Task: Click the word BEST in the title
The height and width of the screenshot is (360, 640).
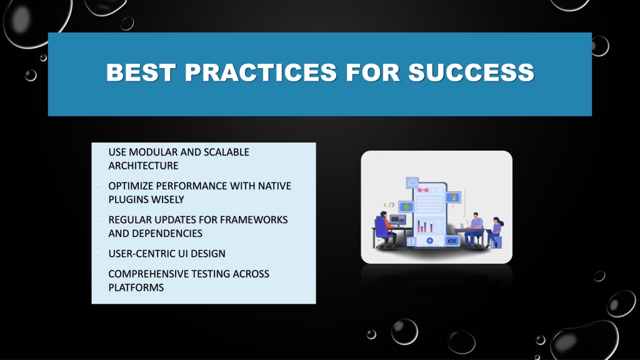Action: tap(141, 72)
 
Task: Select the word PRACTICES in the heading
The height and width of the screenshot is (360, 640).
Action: tap(261, 72)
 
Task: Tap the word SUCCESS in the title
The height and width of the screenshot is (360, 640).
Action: tap(471, 72)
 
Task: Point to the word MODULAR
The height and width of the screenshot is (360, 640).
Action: tap(153, 152)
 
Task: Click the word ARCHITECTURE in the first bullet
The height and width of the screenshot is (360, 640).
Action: tap(143, 166)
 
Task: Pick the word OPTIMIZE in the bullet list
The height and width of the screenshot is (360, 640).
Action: tap(131, 186)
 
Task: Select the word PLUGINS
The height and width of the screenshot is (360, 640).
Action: tap(126, 199)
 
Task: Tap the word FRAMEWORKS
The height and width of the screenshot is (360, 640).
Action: tap(254, 219)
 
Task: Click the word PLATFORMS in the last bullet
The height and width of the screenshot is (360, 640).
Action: tap(136, 287)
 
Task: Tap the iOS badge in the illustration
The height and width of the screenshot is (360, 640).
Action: tap(452, 241)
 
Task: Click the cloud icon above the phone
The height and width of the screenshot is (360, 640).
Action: tap(412, 182)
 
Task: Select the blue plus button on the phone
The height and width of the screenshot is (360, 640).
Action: tap(430, 241)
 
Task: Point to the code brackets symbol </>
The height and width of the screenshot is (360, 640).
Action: tap(389, 205)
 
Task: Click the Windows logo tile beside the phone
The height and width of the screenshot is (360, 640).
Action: tap(452, 198)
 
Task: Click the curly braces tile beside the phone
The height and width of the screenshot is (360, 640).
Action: tap(411, 241)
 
